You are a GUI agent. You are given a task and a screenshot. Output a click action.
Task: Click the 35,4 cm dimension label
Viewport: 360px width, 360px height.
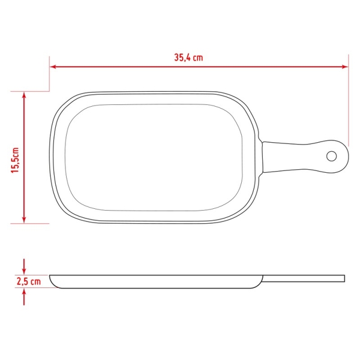coord(188,58)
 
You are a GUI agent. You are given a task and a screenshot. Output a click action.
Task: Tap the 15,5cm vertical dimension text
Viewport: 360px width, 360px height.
coord(16,160)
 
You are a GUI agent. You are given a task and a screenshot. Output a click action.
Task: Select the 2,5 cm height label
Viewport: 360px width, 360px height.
coord(29,281)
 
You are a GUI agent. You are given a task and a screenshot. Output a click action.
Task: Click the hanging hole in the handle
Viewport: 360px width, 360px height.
coord(331,156)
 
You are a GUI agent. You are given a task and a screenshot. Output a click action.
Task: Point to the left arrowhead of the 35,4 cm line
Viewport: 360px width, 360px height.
coord(53,67)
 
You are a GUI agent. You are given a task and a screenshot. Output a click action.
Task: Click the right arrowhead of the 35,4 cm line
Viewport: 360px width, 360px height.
coord(344,67)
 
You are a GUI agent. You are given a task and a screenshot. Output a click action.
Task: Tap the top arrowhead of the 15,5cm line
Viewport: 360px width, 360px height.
coord(24,95)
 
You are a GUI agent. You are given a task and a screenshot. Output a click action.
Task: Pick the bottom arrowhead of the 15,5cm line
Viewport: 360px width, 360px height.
coord(24,220)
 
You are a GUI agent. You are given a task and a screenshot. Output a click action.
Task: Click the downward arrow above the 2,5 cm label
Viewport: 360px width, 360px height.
coord(24,266)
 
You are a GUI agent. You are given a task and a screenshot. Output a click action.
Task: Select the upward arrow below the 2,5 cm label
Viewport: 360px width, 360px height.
coord(24,296)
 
